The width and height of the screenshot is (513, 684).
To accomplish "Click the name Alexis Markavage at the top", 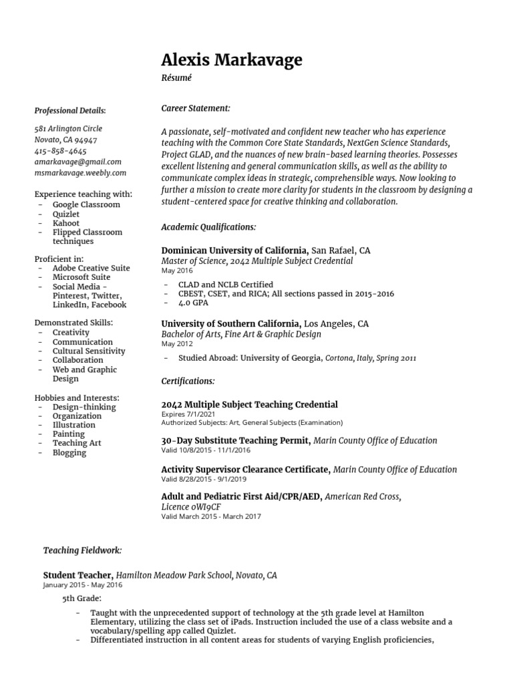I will pos(232,60).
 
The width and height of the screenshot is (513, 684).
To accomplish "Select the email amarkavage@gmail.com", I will pos(77,162).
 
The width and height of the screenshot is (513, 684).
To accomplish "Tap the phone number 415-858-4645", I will pos(60,151).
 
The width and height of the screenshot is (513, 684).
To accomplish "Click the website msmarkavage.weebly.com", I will pos(80,172).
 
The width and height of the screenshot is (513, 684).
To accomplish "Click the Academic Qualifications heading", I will pos(208,227).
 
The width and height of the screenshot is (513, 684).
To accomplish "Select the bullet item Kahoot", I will pos(66,223).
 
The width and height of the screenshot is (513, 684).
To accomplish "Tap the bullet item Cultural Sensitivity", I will pos(89,351).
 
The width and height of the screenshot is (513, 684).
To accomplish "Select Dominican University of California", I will pos(234,250).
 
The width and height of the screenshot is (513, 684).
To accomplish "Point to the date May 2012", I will pos(177,344).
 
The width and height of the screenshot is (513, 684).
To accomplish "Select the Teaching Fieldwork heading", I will pos(82,550).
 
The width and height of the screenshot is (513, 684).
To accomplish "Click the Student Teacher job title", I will pos(78,574).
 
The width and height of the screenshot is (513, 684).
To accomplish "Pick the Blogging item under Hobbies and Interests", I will pos(69,452).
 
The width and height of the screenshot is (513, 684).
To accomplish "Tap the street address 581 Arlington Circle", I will pos(68,128).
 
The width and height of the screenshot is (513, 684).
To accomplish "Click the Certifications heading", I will pos(188,381).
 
